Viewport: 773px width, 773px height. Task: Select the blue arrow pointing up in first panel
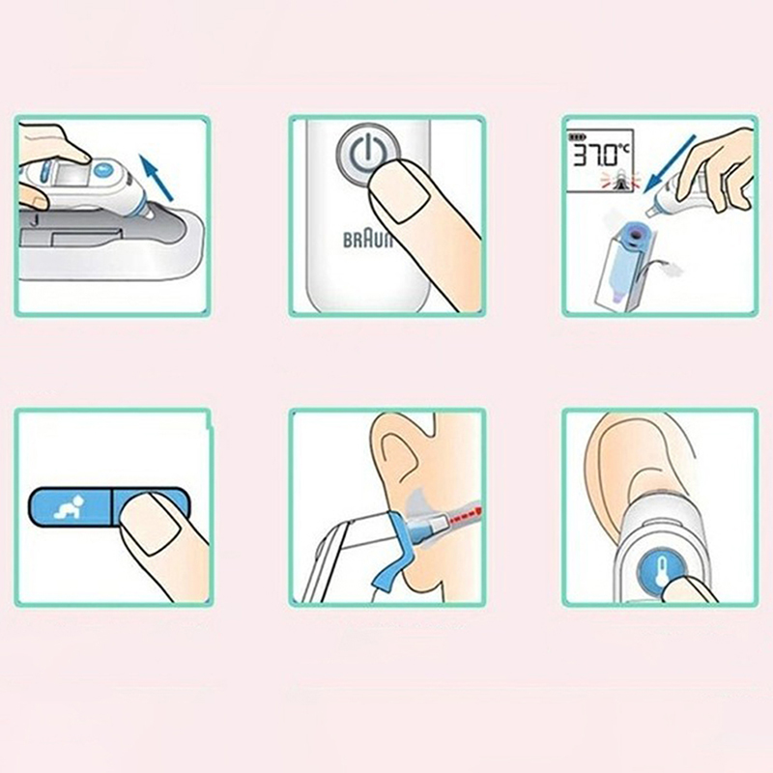click(157, 178)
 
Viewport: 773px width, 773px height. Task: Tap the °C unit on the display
click(623, 148)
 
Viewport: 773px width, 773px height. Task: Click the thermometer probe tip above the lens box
click(652, 210)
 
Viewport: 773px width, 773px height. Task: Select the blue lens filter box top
click(635, 235)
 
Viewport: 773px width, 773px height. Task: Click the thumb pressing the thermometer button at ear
click(688, 588)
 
